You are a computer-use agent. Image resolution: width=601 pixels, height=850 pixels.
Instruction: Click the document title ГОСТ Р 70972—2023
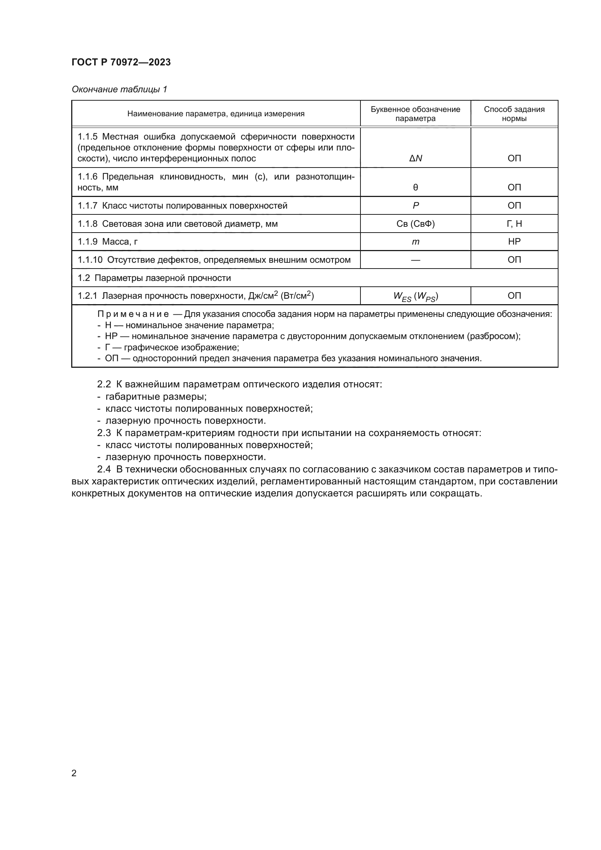(x=121, y=62)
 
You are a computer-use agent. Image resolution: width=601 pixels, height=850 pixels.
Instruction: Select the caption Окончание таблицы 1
(x=119, y=89)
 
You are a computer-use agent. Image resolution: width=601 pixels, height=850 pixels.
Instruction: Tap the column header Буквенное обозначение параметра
(x=415, y=114)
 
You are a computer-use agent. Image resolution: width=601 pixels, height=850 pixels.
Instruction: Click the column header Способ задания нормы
(x=514, y=114)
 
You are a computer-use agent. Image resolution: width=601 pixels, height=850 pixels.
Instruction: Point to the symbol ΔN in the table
(x=415, y=158)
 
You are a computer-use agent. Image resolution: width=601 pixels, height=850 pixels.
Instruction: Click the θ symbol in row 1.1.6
(x=415, y=187)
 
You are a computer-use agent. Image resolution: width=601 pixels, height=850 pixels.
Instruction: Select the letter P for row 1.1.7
(x=416, y=205)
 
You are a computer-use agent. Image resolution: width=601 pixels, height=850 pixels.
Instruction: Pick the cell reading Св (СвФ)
(x=415, y=223)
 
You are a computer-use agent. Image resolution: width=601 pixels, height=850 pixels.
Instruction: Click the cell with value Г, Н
(x=514, y=223)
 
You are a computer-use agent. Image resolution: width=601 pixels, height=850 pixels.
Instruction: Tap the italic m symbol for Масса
(x=416, y=242)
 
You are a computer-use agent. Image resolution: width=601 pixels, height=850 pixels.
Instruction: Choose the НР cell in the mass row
(x=514, y=242)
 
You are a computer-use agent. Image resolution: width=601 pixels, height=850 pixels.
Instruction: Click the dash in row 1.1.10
(x=415, y=260)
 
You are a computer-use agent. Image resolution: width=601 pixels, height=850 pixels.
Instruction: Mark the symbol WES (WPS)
(x=415, y=296)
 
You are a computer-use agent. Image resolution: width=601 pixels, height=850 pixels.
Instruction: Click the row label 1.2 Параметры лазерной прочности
(x=154, y=278)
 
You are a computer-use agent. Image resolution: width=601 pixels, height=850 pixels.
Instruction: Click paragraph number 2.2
(x=104, y=384)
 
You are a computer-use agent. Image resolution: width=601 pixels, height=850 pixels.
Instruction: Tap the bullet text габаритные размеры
(x=156, y=396)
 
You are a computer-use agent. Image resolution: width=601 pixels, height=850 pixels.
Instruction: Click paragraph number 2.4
(x=104, y=470)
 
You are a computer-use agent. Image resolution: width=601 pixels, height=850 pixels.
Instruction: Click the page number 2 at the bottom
(x=74, y=773)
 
